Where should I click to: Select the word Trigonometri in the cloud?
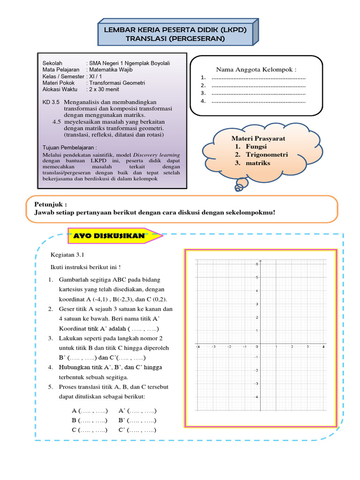pyautogui.click(x=268, y=154)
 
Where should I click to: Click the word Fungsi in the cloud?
pyautogui.click(x=256, y=146)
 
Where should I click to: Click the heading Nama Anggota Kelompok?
pyautogui.click(x=256, y=69)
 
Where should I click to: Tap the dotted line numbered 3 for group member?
pyautogui.click(x=258, y=93)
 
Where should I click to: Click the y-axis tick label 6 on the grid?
pyautogui.click(x=256, y=264)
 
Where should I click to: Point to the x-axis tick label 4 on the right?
pyautogui.click(x=323, y=346)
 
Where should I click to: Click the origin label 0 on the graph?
pyautogui.click(x=257, y=346)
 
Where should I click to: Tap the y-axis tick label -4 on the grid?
pyautogui.click(x=256, y=397)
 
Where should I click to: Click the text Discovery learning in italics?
pyautogui.click(x=157, y=154)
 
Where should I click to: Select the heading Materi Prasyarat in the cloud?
pyautogui.click(x=258, y=139)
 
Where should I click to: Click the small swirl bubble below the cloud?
pyautogui.click(x=239, y=187)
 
